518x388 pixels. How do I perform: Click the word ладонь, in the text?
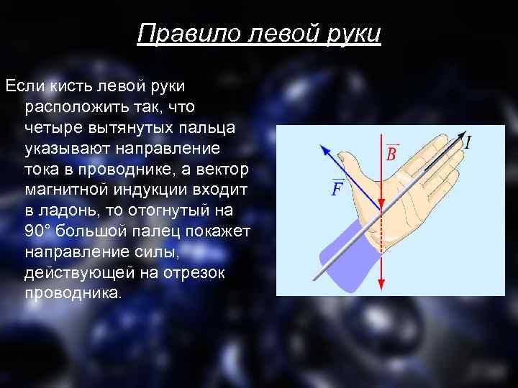point(71,211)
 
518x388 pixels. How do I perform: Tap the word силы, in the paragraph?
point(155,252)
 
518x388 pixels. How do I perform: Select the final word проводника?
point(73,294)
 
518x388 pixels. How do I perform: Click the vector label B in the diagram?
point(391,153)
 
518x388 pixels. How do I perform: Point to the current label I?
point(468,142)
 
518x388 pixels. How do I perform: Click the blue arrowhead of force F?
point(325,149)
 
